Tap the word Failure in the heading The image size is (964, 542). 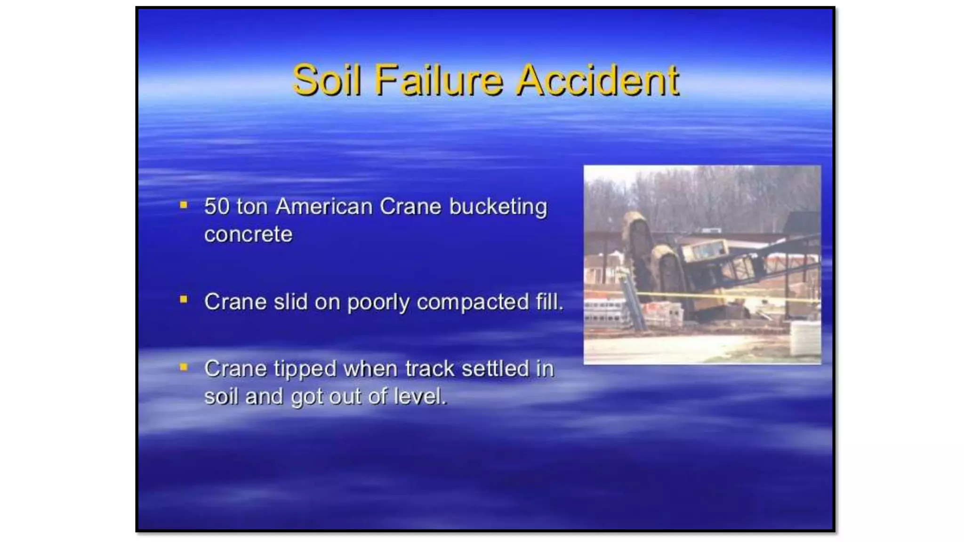tap(439, 80)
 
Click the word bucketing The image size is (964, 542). tap(498, 207)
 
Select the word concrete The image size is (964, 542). tap(248, 234)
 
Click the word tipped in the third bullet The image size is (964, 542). tap(305, 368)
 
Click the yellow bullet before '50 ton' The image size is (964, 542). tap(184, 205)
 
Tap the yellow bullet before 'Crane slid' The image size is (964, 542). tap(184, 299)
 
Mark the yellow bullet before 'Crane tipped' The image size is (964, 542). tap(184, 367)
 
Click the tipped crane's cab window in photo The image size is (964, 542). tap(706, 250)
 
